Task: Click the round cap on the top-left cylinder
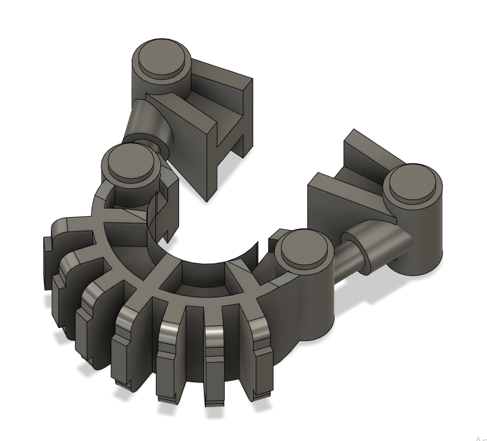coord(162,58)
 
